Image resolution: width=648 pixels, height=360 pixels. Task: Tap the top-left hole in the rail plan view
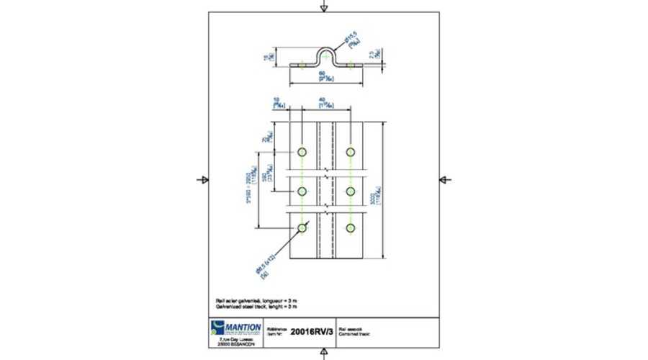pyautogui.click(x=302, y=152)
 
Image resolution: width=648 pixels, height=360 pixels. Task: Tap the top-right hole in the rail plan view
pyautogui.click(x=351, y=152)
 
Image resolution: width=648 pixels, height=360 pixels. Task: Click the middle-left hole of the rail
pyautogui.click(x=302, y=190)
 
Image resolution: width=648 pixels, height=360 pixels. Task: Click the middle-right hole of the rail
pyautogui.click(x=351, y=190)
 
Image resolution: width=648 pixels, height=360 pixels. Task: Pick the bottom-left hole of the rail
pyautogui.click(x=302, y=228)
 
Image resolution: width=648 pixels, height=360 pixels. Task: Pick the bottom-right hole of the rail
pyautogui.click(x=351, y=228)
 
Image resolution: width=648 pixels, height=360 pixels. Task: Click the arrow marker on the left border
pyautogui.click(x=203, y=179)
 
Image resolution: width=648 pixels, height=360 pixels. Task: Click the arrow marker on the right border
pyautogui.click(x=444, y=179)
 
